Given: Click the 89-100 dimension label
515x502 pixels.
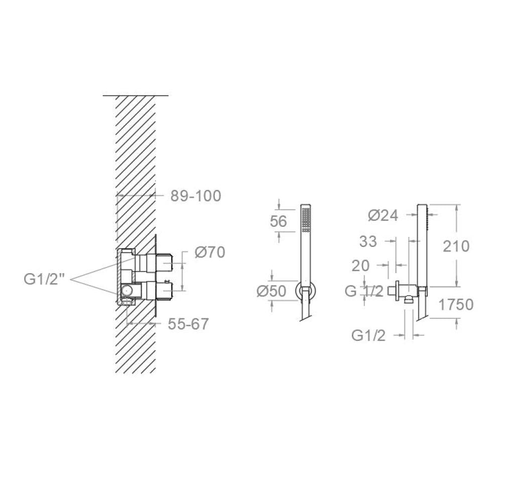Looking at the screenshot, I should (x=195, y=196).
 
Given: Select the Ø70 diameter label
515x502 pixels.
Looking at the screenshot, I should (x=209, y=253).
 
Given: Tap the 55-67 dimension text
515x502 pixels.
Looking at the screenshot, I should (x=188, y=324).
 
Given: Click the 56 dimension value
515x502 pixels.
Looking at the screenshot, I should (x=279, y=221).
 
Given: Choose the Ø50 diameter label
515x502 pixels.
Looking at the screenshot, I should (x=271, y=291).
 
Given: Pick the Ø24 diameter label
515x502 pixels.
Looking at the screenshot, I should (x=382, y=215).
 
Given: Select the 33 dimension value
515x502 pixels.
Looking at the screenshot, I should (x=368, y=241).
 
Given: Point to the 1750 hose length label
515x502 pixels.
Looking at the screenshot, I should (x=455, y=304).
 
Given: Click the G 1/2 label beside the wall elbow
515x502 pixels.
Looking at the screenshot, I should (x=364, y=291).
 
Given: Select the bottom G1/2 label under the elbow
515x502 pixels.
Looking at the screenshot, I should (x=368, y=335).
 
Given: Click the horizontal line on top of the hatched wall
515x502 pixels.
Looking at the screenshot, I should (x=136, y=95).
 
